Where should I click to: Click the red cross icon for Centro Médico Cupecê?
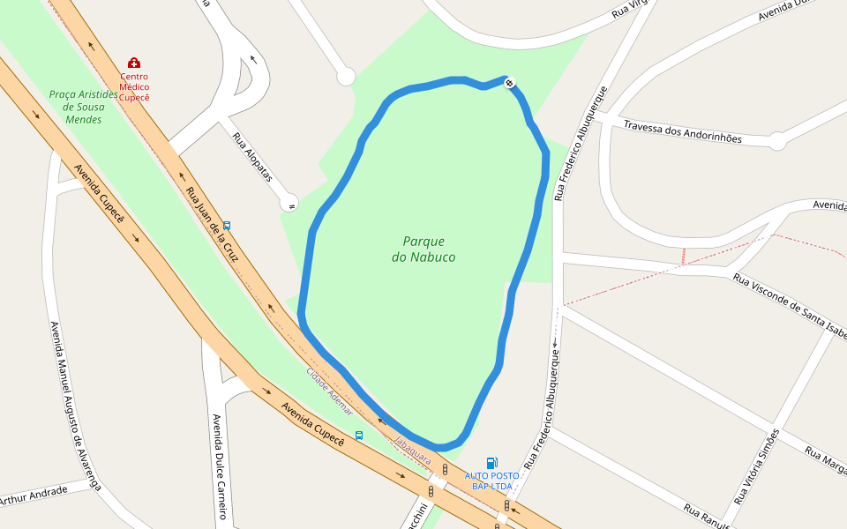point(134,63)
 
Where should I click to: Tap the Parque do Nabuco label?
point(423,249)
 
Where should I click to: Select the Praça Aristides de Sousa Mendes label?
point(84,107)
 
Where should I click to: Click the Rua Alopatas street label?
point(252,158)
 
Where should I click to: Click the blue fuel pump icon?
point(491,463)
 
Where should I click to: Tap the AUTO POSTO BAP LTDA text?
point(491,481)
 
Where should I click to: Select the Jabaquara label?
point(412,451)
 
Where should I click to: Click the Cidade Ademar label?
point(330,391)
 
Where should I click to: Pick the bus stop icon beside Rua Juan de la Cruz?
point(227,226)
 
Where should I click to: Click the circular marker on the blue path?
point(510,83)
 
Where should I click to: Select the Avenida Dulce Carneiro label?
point(218,466)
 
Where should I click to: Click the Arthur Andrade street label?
point(34,496)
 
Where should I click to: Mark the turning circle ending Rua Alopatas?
point(289,203)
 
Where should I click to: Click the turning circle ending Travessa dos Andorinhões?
point(777,141)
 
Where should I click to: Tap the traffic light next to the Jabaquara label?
point(445,469)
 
